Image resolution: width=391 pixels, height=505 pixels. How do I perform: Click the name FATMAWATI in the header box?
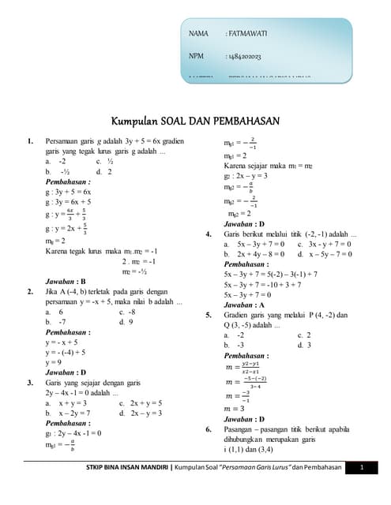(x=246, y=34)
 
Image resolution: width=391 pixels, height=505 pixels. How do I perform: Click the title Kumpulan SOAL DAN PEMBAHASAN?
(x=195, y=121)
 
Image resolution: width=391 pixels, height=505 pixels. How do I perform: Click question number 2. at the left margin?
(x=29, y=291)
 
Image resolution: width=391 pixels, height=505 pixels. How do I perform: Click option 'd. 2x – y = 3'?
(x=140, y=413)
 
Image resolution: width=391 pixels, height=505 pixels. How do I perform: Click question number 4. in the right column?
(x=208, y=234)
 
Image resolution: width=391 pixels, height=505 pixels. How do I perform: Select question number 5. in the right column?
(x=208, y=315)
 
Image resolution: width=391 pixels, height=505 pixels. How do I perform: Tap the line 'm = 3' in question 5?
(x=235, y=409)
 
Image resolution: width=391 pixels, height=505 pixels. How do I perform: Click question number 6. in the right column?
(x=208, y=429)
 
